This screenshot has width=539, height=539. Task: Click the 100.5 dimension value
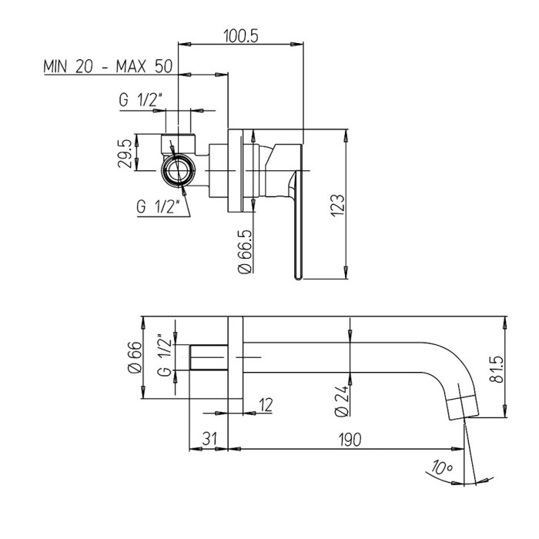(240, 35)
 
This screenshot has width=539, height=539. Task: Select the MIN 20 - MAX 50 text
(108, 66)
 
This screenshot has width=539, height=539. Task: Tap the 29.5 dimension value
(125, 153)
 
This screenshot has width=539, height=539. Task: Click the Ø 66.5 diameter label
(246, 252)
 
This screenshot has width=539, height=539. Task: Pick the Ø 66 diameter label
(135, 357)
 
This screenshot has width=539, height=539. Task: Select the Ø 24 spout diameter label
(342, 400)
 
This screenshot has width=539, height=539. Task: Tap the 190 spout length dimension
(350, 440)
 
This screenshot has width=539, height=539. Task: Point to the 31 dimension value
(209, 439)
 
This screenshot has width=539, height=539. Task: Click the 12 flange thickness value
(266, 404)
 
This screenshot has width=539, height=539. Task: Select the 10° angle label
(443, 468)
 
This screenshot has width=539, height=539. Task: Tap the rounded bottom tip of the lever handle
(298, 277)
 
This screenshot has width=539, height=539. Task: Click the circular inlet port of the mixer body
(178, 170)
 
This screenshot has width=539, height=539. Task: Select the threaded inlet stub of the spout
(209, 357)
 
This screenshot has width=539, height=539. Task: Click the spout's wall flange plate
(236, 357)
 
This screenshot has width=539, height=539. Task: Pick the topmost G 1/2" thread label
(141, 100)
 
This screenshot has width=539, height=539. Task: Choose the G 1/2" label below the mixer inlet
(158, 206)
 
